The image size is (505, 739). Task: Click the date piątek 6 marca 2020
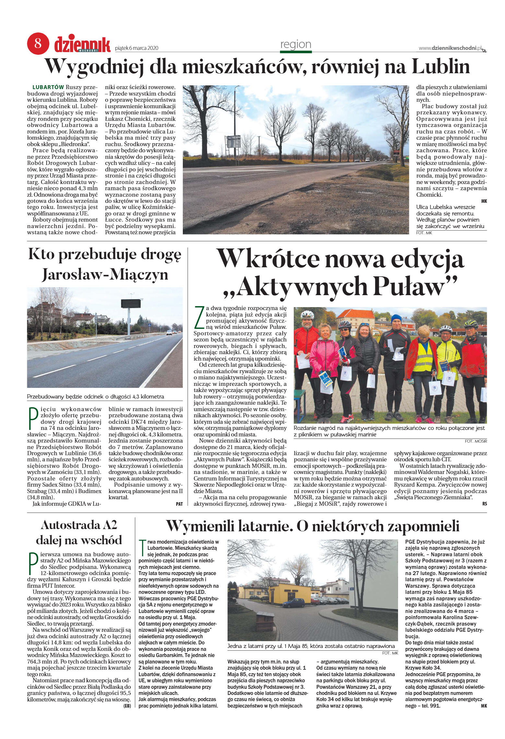(136, 48)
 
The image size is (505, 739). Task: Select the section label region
(295, 44)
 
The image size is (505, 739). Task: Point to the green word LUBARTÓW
(48, 87)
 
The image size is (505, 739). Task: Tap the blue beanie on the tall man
(396, 318)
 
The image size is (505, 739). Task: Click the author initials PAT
(179, 504)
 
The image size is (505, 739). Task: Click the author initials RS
(484, 504)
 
